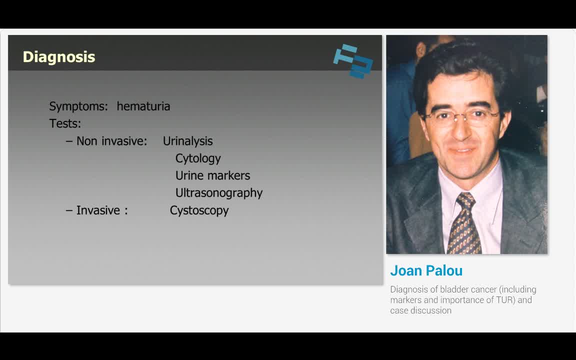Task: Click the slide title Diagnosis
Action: click(x=59, y=57)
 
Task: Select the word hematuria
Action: click(x=143, y=106)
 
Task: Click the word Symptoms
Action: click(x=78, y=106)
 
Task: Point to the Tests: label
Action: click(x=65, y=123)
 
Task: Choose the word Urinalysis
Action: click(x=187, y=141)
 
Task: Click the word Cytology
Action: click(x=198, y=158)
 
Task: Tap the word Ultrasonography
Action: click(x=218, y=193)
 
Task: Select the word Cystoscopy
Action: click(x=199, y=210)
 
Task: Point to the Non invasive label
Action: click(x=111, y=141)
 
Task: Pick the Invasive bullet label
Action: click(x=101, y=210)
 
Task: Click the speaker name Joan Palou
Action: click(x=426, y=270)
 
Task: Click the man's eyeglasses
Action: click(x=461, y=117)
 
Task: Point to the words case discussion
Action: click(x=420, y=310)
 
